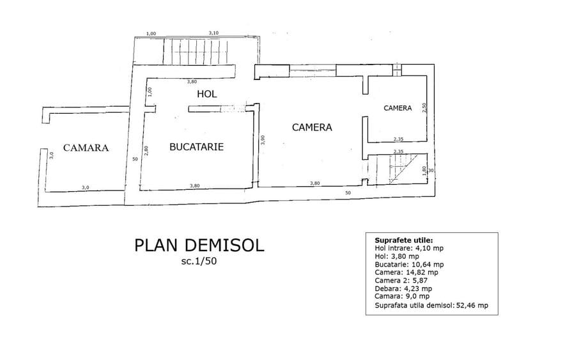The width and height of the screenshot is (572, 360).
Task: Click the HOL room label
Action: pos(207,94)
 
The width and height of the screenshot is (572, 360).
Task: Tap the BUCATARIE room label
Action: pos(197,147)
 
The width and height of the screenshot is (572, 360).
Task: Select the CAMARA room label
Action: pos(86,148)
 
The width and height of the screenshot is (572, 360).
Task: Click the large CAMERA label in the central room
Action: pos(312,127)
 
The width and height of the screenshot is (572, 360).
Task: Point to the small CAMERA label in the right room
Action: pos(398,108)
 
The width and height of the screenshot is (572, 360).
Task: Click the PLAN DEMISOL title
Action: pos(199,245)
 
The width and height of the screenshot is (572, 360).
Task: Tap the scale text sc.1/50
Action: pos(199,262)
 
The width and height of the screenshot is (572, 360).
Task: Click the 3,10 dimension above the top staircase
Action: pos(213,33)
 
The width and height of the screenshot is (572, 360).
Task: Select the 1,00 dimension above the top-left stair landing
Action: pos(151,34)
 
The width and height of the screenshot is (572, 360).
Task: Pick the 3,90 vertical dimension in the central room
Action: pos(263,140)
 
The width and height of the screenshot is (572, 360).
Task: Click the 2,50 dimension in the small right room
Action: pos(424,107)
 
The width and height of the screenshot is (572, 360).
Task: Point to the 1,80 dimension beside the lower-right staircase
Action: pos(424,171)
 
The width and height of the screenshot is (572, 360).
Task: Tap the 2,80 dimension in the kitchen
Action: pos(146,151)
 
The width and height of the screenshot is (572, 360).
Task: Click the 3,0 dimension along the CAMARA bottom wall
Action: pos(85,187)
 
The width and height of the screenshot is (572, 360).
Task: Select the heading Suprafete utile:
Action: pos(404,240)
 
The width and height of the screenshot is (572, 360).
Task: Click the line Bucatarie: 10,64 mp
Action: pos(409,264)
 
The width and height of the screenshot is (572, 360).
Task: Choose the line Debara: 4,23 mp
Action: pos(403,288)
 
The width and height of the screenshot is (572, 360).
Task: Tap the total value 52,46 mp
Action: pos(472,305)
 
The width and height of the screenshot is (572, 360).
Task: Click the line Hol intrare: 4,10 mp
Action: pos(409,248)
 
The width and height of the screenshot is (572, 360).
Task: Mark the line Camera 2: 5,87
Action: pos(401,281)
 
